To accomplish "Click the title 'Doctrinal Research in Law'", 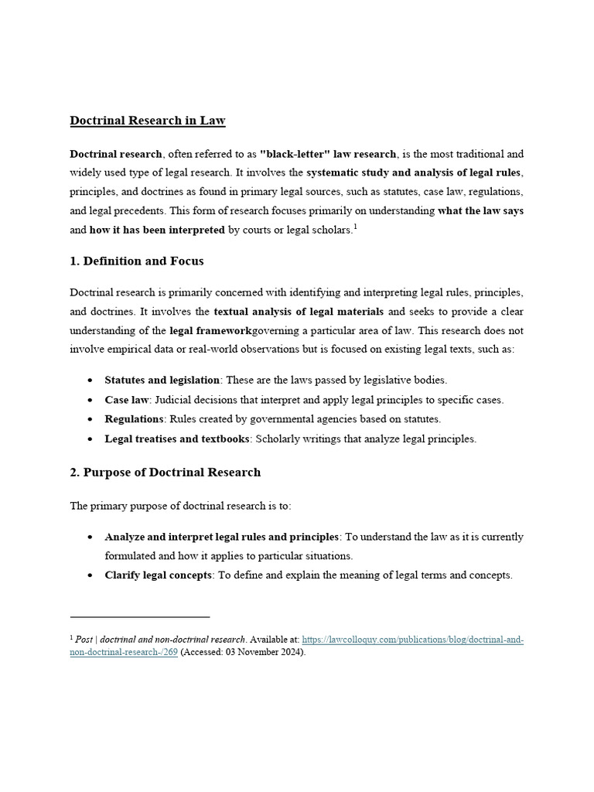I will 148,121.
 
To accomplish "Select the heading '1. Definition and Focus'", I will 137,261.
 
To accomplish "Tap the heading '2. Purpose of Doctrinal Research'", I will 166,472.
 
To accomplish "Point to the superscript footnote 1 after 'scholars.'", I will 354,227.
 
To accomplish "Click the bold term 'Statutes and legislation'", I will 162,380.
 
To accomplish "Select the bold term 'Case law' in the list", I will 127,400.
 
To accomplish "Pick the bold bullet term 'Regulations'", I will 135,419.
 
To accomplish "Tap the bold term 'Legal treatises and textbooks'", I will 177,439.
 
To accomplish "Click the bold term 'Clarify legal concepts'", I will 159,575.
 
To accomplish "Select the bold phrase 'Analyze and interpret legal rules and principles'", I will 222,537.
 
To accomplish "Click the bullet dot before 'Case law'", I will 90,401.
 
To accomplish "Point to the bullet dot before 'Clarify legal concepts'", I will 90,576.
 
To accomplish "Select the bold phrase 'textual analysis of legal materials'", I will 299,312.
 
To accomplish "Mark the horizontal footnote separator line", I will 140,617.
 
